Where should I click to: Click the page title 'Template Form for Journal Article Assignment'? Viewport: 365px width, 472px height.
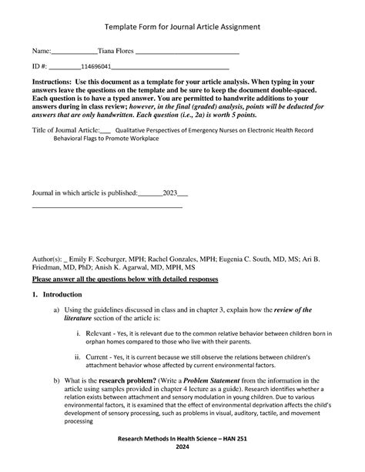[x=182, y=26]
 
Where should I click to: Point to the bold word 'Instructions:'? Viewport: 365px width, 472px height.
[x=52, y=81]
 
